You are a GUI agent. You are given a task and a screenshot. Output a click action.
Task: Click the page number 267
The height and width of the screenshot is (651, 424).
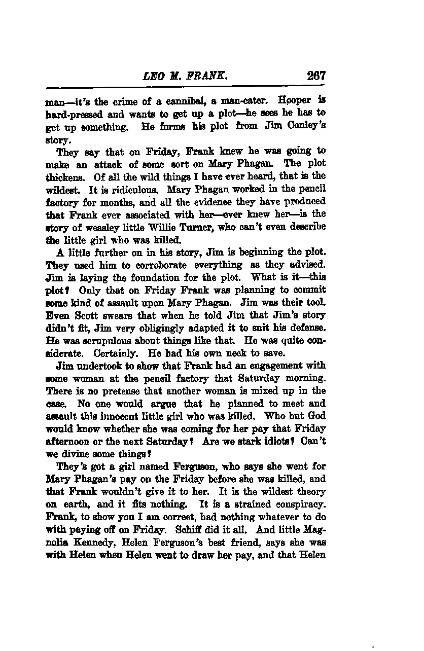315,76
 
